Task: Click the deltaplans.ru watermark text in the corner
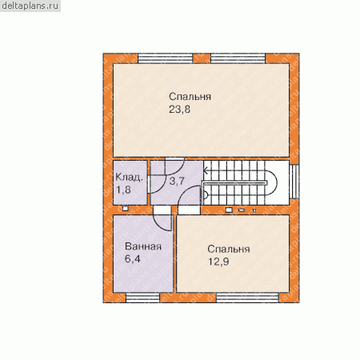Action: click(x=30, y=6)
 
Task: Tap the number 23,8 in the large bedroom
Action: click(x=180, y=110)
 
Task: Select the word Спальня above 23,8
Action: click(x=190, y=97)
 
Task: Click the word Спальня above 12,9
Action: click(x=229, y=249)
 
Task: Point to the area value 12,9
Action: click(x=218, y=262)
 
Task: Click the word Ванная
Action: click(x=143, y=246)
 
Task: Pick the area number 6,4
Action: click(x=133, y=258)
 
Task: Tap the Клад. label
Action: click(x=129, y=178)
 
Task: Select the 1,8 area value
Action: click(x=123, y=190)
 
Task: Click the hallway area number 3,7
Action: click(x=177, y=182)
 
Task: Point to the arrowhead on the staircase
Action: click(x=206, y=170)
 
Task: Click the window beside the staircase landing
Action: click(x=294, y=182)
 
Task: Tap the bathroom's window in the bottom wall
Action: click(x=142, y=298)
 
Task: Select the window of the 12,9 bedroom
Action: click(x=247, y=298)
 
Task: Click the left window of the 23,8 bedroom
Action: click(x=165, y=58)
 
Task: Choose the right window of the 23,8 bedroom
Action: click(x=238, y=58)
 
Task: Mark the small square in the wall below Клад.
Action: click(x=126, y=209)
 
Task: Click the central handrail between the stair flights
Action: click(x=234, y=182)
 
